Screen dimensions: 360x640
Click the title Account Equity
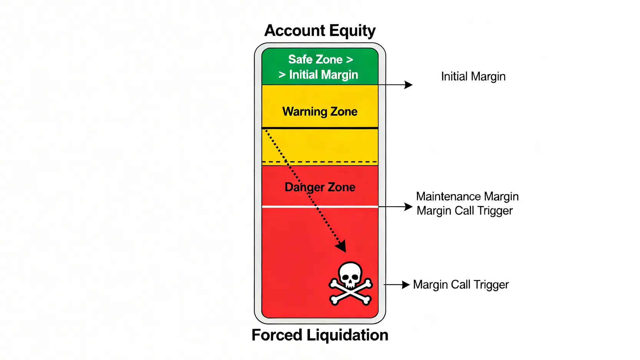320,31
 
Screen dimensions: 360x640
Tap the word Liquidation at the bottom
347,335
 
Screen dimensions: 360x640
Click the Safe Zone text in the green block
315,60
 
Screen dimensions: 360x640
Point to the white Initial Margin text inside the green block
323,75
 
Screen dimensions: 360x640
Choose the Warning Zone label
320,111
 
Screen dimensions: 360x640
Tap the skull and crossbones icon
350,284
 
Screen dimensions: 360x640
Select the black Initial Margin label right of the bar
473,76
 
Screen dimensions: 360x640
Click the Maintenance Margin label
467,197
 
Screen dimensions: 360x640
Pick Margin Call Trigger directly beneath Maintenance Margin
464,211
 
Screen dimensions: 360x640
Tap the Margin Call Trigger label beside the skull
461,285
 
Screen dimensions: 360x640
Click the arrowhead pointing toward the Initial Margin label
408,85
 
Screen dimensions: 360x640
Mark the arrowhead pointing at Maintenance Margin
408,207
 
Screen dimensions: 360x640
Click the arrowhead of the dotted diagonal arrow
341,246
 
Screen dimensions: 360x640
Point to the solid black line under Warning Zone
320,128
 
